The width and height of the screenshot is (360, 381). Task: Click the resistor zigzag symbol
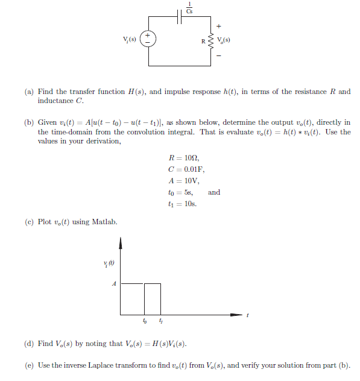212,42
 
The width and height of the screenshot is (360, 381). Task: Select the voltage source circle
148,39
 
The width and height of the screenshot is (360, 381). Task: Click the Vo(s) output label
224,41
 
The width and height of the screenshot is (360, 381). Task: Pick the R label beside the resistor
204,42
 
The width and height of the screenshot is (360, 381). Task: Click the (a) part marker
29,92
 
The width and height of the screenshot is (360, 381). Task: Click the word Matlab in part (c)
104,222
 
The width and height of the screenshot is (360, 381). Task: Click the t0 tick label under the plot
145,323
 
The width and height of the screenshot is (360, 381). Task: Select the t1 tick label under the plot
161,323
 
